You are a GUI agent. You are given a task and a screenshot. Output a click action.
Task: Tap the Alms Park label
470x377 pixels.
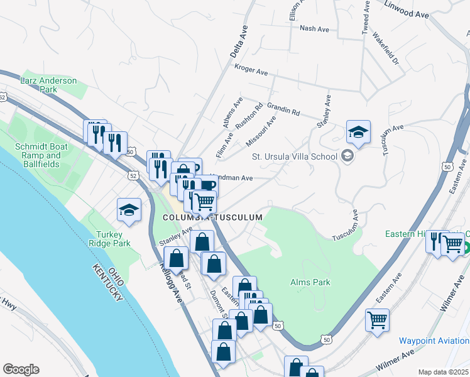pyautogui.click(x=310, y=283)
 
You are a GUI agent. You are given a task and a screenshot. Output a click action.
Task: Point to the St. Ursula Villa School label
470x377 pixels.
pyautogui.click(x=294, y=156)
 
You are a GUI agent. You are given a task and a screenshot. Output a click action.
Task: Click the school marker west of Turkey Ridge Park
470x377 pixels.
pyautogui.click(x=129, y=210)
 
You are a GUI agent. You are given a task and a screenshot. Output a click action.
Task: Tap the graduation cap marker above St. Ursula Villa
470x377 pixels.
pyautogui.click(x=358, y=132)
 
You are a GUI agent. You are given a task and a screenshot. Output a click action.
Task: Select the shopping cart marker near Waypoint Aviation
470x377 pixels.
pyautogui.click(x=377, y=320)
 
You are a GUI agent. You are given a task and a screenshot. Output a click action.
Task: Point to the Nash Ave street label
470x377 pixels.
pyautogui.click(x=315, y=29)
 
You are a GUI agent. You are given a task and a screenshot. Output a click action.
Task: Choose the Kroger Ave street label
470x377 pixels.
pyautogui.click(x=251, y=69)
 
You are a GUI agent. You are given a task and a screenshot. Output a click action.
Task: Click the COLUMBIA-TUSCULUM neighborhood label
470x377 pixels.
pyautogui.click(x=212, y=217)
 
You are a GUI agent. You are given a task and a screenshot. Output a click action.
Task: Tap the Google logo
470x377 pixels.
pyautogui.click(x=21, y=369)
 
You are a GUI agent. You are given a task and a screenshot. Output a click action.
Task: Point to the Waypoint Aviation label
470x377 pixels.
pyautogui.click(x=434, y=341)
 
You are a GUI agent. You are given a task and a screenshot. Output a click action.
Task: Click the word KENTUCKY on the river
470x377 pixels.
pyautogui.click(x=106, y=283)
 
